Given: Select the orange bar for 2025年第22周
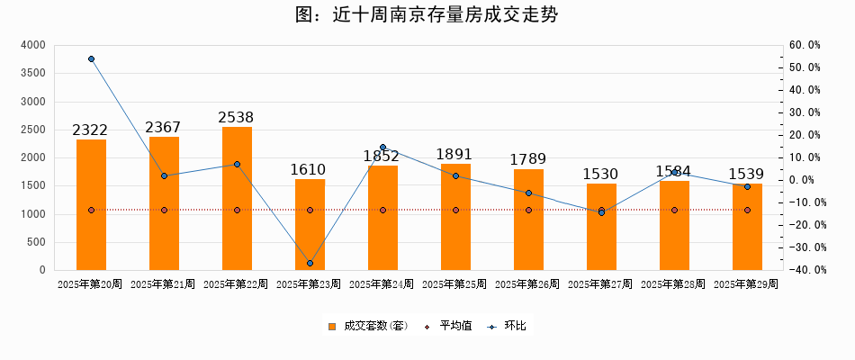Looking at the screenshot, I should [237, 198].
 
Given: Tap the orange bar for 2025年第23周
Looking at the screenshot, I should [310, 224].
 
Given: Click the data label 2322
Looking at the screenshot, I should [91, 130].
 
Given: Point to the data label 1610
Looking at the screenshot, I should [308, 169].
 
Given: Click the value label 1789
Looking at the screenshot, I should [528, 159].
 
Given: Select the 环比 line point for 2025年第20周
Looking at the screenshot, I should [91, 59].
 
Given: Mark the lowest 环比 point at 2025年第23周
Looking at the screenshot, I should [310, 263].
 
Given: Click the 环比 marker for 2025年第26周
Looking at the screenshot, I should [528, 193].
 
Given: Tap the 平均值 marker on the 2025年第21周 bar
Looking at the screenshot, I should [164, 211].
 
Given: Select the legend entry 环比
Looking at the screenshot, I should [509, 326].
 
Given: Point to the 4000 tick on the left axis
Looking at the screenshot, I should [32, 45].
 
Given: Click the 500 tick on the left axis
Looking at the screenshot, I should [36, 242].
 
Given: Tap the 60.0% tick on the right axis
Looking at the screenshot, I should [804, 45].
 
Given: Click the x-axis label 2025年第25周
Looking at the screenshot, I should [454, 284].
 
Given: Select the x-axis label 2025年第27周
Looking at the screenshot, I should [600, 284].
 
